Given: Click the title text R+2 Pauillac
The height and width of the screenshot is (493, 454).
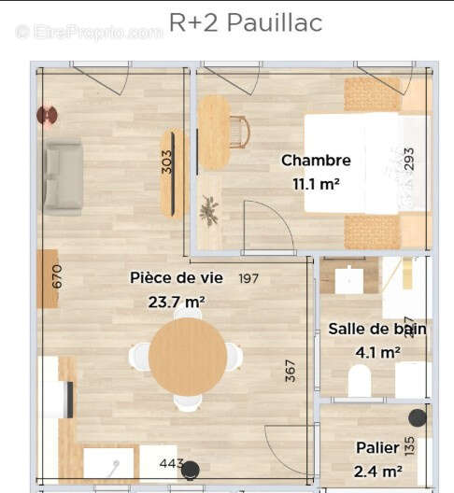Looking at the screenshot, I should (x=246, y=22).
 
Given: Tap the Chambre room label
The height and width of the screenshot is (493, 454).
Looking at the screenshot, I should (x=316, y=161).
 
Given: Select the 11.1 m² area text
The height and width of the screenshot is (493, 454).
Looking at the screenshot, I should (x=316, y=183).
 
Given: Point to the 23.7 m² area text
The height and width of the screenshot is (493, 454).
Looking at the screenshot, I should (x=177, y=301).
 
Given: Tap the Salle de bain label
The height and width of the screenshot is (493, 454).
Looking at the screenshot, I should (x=377, y=329).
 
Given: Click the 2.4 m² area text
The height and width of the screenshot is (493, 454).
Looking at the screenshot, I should (x=378, y=472).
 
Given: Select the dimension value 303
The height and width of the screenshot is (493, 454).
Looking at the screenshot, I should (x=167, y=162).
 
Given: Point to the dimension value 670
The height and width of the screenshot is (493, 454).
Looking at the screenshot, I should (x=56, y=276).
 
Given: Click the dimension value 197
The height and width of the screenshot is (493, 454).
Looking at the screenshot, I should (x=248, y=278).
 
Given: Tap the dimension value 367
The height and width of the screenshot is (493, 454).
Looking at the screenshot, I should (x=291, y=371).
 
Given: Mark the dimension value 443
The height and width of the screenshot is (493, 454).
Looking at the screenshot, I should (x=170, y=463).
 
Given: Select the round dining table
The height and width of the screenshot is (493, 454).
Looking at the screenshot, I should (x=187, y=357).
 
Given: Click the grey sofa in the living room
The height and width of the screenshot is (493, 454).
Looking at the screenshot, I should (x=63, y=177).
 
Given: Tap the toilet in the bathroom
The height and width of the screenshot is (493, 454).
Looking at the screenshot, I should (x=360, y=381).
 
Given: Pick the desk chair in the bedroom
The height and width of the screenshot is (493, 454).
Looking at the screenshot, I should (x=240, y=131).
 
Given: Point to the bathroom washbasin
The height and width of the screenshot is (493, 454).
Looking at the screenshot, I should (x=349, y=280).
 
